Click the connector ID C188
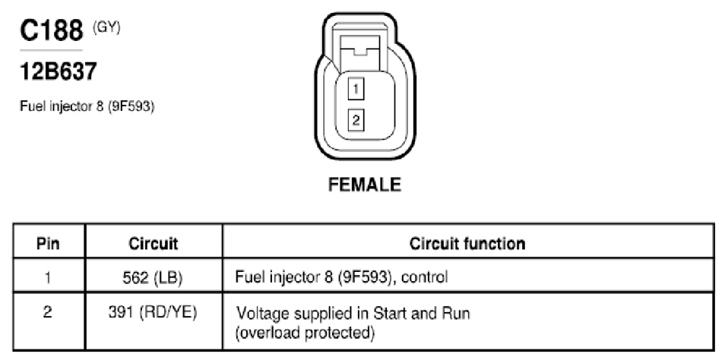(x=52, y=30)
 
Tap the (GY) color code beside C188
(x=106, y=28)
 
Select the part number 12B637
(x=59, y=71)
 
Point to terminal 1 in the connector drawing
(x=356, y=89)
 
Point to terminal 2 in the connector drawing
(x=356, y=120)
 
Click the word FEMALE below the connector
(x=364, y=185)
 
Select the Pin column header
(x=49, y=243)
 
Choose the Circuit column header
(x=153, y=243)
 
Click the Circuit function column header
(x=467, y=243)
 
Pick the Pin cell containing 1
(x=49, y=276)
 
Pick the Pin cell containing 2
(x=49, y=313)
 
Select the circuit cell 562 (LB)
(x=153, y=276)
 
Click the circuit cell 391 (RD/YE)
(x=153, y=313)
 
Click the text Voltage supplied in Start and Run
(x=353, y=314)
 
